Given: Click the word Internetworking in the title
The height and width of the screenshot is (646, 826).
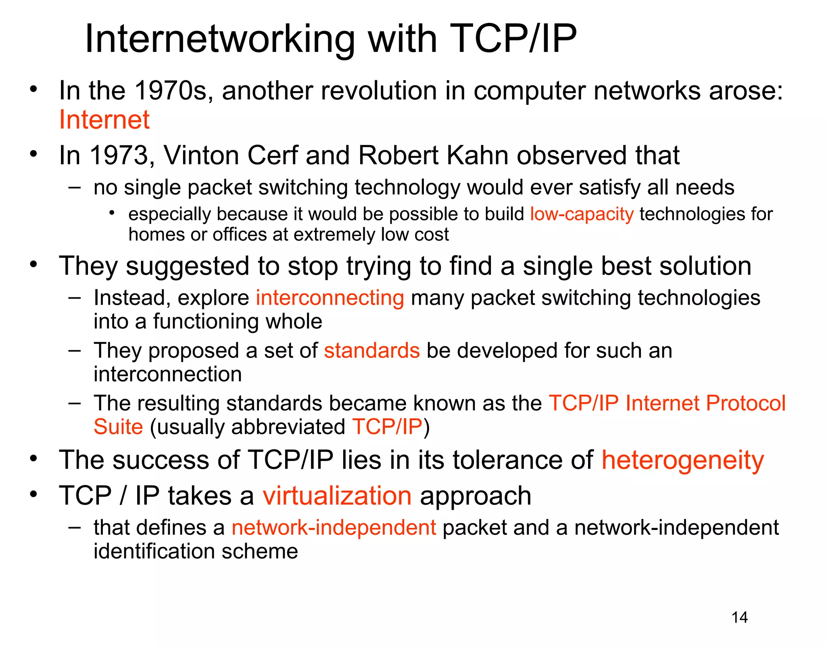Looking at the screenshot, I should click(x=220, y=39).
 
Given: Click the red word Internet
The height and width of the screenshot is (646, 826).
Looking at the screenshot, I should click(x=104, y=120).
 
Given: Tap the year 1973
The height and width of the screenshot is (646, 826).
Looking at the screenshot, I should click(x=119, y=155).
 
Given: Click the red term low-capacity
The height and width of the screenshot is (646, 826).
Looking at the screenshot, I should click(x=582, y=214).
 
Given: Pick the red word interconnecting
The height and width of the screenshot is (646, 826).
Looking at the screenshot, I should click(x=330, y=298).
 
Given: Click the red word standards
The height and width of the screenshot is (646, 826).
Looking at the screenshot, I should click(x=372, y=350).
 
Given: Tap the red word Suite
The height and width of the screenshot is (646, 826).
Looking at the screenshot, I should click(x=118, y=427).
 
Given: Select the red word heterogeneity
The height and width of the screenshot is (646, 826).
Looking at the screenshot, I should click(x=682, y=460).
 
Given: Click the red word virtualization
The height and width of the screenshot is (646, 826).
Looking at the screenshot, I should click(x=337, y=496).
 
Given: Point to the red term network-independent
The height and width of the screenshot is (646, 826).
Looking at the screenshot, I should click(x=334, y=528).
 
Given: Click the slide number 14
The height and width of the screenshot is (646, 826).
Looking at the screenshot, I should click(x=739, y=617).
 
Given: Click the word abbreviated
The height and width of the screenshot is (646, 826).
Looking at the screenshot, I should click(x=288, y=427).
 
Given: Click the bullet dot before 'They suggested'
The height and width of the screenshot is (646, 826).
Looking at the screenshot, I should click(x=33, y=265).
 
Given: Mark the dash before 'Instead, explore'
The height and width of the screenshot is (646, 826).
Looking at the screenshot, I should click(x=75, y=298).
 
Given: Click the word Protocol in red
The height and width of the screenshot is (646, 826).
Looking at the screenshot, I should click(x=746, y=403).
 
